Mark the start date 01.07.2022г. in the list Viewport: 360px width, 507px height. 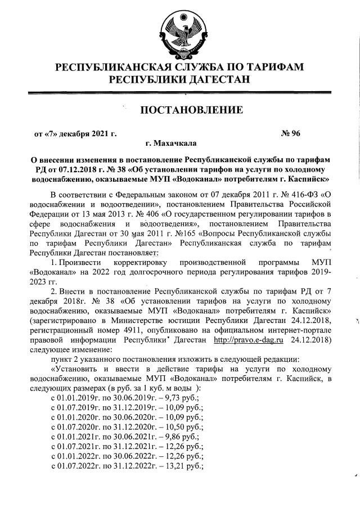[77, 466]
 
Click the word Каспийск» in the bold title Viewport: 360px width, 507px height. [308, 179]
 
